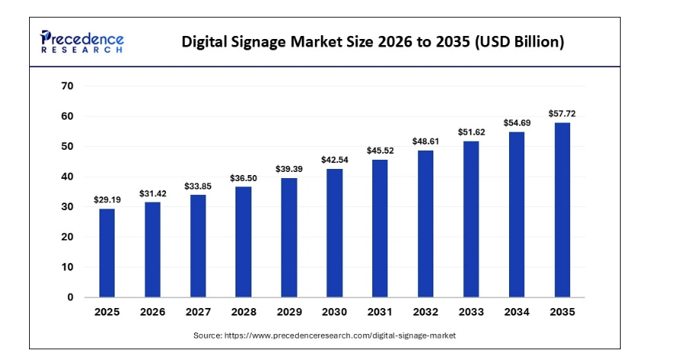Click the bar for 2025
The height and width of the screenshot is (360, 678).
tap(106, 253)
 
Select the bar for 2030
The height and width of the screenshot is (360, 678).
tap(334, 233)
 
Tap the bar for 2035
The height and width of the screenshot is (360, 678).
tap(562, 209)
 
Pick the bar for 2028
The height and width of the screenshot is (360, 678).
tap(243, 242)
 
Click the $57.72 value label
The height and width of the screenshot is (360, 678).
tap(562, 114)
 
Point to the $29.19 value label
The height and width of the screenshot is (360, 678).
tap(106, 199)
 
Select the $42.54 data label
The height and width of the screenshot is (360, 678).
tap(334, 160)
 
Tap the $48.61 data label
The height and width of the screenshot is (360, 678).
tap(425, 141)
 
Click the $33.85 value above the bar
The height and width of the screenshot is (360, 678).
tap(197, 186)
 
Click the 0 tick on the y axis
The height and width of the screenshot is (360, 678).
tap(70, 297)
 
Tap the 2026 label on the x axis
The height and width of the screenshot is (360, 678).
tap(152, 313)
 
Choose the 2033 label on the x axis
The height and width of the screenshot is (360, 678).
tap(471, 313)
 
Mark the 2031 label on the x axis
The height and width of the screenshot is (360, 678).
tap(380, 313)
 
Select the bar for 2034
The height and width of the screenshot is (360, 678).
tap(517, 214)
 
